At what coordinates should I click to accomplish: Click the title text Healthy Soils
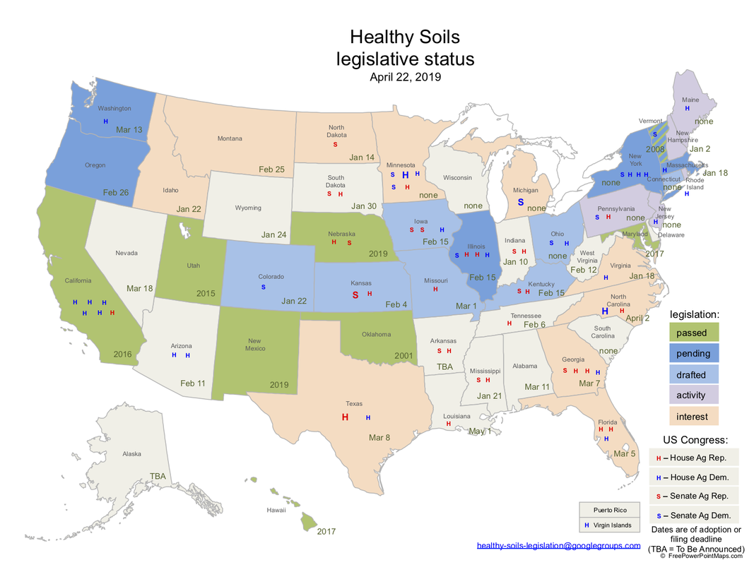[x=405, y=36]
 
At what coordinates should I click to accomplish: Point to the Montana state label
[x=230, y=138]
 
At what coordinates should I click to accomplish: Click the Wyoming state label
[x=248, y=208]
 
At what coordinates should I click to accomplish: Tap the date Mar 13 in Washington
[x=129, y=129]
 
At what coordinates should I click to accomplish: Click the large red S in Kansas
[x=355, y=295]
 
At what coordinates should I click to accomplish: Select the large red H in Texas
[x=345, y=417]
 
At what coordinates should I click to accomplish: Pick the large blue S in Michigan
[x=521, y=202]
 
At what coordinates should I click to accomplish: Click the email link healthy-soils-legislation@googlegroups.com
[x=558, y=545]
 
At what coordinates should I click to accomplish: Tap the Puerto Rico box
[x=608, y=510]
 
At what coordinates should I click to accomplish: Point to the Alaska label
[x=131, y=454]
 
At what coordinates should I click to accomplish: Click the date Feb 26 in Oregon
[x=116, y=192]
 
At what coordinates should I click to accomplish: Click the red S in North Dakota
[x=336, y=145]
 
